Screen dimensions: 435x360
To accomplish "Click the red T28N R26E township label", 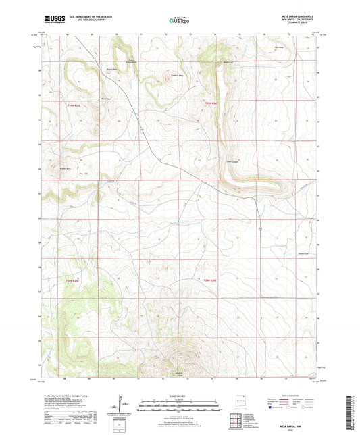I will pyautogui.click(x=211, y=280).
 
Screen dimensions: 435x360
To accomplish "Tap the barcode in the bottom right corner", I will pyautogui.click(x=349, y=411).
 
